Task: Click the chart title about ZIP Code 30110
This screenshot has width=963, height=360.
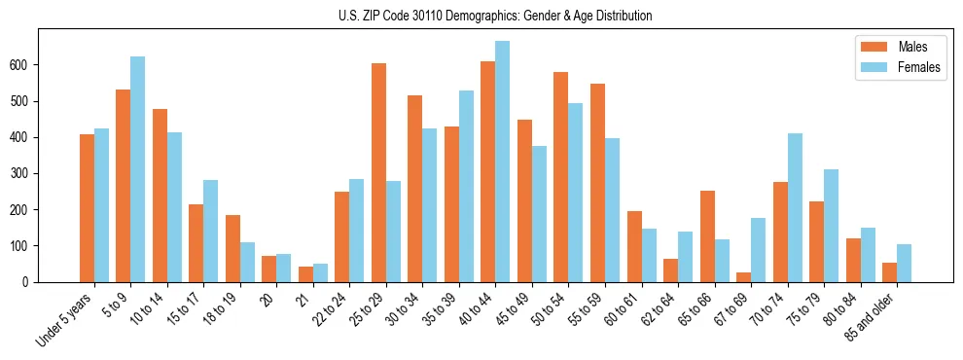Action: pyautogui.click(x=481, y=16)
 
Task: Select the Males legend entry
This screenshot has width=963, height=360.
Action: pyautogui.click(x=912, y=47)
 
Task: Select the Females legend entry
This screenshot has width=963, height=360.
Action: pyautogui.click(x=918, y=67)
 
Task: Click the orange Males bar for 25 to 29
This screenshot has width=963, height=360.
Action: pyautogui.click(x=378, y=172)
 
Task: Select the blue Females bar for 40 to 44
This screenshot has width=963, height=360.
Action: pyautogui.click(x=503, y=162)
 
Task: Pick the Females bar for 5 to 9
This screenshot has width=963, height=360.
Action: pyautogui.click(x=138, y=169)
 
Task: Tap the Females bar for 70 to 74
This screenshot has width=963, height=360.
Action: pyautogui.click(x=795, y=207)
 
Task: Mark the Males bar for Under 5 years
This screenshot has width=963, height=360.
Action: pyautogui.click(x=87, y=208)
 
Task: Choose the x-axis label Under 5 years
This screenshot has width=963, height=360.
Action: pyautogui.click(x=64, y=320)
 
